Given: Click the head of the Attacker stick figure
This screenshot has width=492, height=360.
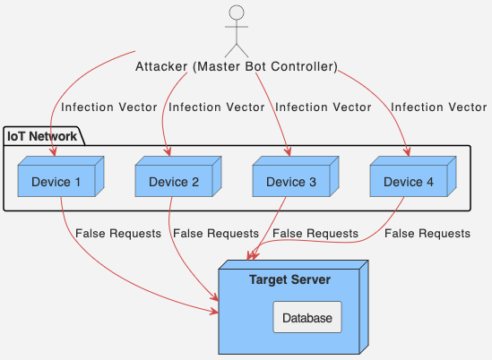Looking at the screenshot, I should click(237, 13).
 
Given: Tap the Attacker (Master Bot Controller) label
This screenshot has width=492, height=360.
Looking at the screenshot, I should click(237, 66).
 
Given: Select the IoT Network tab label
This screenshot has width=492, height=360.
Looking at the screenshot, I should click(41, 136).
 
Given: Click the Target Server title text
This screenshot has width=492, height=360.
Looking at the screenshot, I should click(289, 279).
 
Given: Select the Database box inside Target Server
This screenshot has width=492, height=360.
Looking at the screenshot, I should click(307, 318).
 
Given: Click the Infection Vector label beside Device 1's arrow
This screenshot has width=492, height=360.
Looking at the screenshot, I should click(109, 107).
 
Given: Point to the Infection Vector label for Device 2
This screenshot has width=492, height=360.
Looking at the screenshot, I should click(217, 107).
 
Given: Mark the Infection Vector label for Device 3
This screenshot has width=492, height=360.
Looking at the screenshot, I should click(323, 107).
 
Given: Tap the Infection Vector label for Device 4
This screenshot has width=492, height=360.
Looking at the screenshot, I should click(439, 107).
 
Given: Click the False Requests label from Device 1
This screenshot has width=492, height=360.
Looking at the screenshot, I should click(118, 234).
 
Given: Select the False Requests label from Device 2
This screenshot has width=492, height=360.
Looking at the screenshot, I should click(216, 234).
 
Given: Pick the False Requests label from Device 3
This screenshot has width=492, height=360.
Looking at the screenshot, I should click(315, 234).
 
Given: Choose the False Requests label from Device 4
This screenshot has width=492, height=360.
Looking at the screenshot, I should click(427, 234).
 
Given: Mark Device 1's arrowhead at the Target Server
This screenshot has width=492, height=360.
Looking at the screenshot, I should click(214, 312).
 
